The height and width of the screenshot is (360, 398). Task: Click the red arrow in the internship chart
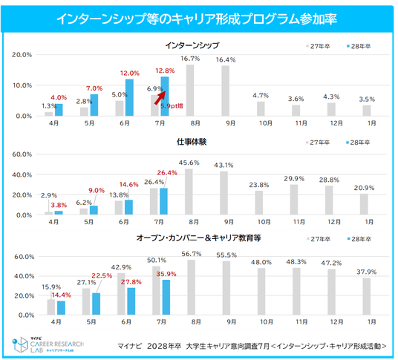pyautogui.click(x=160, y=98)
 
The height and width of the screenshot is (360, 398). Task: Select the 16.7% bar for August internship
pyautogui.click(x=190, y=91)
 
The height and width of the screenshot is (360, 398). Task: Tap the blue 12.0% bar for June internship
pyautogui.click(x=129, y=98)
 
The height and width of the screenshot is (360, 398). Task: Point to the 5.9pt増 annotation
pyautogui.click(x=172, y=106)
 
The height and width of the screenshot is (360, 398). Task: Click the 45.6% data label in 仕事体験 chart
pyautogui.click(x=189, y=163)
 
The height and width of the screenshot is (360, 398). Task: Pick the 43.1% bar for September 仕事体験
pyautogui.click(x=224, y=193)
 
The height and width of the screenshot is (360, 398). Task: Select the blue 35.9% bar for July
pyautogui.click(x=166, y=298)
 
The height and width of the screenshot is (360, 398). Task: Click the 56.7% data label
pyautogui.click(x=192, y=254)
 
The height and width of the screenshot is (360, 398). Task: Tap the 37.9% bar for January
pyautogui.click(x=367, y=296)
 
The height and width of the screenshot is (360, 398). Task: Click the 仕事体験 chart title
pyautogui.click(x=192, y=142)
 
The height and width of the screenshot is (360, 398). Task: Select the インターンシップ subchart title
pyautogui.click(x=192, y=45)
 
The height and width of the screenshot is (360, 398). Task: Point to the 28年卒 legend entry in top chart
pyautogui.click(x=359, y=46)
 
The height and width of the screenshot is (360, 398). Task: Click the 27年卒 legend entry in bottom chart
pyautogui.click(x=319, y=239)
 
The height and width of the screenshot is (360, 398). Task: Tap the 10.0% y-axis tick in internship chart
pyautogui.click(x=22, y=85)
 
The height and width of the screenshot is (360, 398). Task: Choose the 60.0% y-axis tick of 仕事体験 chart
pyautogui.click(x=22, y=154)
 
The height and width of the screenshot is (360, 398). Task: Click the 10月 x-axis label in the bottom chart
pyautogui.click(x=267, y=321)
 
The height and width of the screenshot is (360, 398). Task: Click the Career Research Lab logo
pyautogui.click(x=48, y=344)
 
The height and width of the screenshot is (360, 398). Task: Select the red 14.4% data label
pyautogui.click(x=61, y=295)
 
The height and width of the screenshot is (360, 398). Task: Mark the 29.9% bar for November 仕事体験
pyautogui.click(x=294, y=200)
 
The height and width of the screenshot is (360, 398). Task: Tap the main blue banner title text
pyautogui.click(x=197, y=19)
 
